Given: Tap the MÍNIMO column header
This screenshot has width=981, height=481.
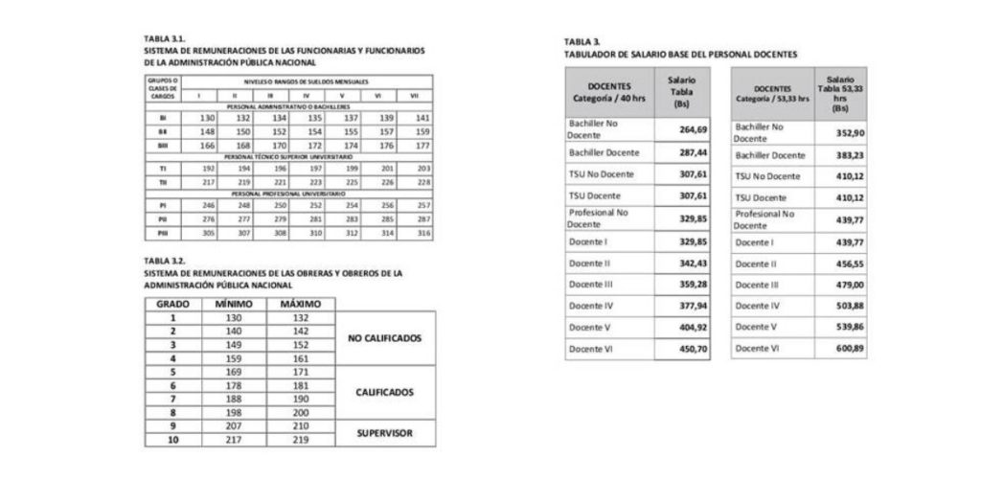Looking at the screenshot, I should click(x=233, y=304).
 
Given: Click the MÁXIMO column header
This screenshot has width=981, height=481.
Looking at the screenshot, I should click(x=298, y=304).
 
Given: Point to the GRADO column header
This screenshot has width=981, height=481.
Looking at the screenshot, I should click(x=172, y=304).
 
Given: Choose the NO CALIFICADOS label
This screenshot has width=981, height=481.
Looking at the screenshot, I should click(x=384, y=338).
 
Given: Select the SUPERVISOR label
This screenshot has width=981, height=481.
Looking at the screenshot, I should click(x=384, y=433).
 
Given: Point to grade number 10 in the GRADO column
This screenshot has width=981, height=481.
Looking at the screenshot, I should click(x=172, y=440).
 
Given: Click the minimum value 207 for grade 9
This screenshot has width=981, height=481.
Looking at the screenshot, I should click(x=233, y=425).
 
